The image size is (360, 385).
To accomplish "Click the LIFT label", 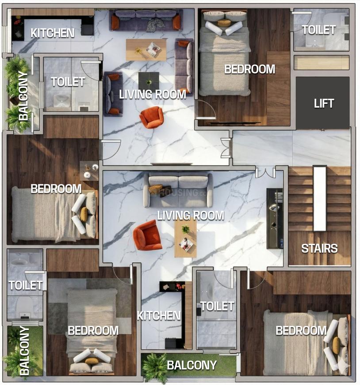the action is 324,104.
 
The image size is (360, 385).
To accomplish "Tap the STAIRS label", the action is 319,249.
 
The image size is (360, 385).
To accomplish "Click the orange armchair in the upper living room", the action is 152,117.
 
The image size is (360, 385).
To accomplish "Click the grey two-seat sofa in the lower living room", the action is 178,190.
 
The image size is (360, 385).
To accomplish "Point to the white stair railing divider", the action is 320,199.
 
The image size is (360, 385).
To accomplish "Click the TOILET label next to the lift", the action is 318,30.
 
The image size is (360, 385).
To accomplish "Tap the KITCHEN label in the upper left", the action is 52,33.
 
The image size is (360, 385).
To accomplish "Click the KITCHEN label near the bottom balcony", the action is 158,316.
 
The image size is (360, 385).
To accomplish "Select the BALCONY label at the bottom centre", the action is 191,365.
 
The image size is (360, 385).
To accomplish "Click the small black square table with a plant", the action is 149,81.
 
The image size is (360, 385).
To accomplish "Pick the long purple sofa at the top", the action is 146,20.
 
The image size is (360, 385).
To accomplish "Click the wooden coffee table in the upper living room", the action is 146,50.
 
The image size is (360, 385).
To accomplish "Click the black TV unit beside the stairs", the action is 275,219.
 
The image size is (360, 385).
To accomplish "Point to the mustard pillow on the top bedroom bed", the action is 224,23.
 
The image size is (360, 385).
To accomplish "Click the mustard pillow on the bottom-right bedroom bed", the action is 336,346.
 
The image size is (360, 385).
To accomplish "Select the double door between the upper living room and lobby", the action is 226,148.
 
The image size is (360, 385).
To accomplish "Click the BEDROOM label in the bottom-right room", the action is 301,331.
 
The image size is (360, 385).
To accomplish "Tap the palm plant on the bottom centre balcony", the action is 155,367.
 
